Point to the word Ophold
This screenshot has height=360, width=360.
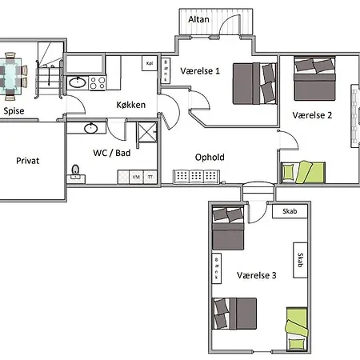point(210,157)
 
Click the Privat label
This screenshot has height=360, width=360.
point(28,160)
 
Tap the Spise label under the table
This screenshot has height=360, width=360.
point(14,111)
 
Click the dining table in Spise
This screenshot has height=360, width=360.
point(11,74)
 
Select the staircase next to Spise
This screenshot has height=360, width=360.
point(49,74)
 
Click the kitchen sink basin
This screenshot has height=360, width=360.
point(78,82)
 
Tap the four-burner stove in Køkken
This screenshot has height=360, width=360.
point(98,82)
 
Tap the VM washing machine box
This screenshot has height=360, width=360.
point(135,176)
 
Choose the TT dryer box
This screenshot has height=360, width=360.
point(150,176)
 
